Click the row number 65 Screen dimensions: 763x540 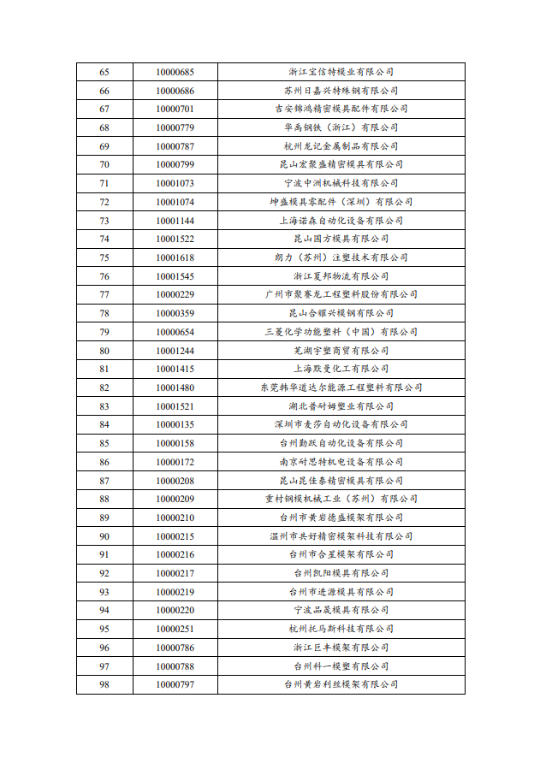tap(104, 72)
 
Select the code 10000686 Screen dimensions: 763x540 tap(175, 91)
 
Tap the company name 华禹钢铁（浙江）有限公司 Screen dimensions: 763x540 tap(341, 127)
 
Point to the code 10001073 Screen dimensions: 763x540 tap(175, 183)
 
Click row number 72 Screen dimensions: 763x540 tap(104, 202)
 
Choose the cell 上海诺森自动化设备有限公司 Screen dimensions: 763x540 tap(341, 221)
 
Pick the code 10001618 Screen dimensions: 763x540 tap(175, 257)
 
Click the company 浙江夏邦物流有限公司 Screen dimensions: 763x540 tap(341, 276)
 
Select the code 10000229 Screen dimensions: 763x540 tap(175, 294)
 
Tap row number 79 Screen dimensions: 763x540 tap(104, 332)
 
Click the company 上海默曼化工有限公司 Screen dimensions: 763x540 tap(341, 369)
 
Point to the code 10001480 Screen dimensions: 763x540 tap(175, 387)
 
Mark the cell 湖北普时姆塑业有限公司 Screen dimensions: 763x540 tap(341, 406)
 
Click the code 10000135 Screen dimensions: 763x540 tap(175, 424)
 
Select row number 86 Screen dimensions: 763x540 tap(104, 462)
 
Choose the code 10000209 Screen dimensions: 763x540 tap(175, 499)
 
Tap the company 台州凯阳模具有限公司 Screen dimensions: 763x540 tap(341, 573)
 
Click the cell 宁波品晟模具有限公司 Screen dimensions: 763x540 tap(341, 610)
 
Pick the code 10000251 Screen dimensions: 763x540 tap(175, 629)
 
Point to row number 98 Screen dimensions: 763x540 tap(104, 684)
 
